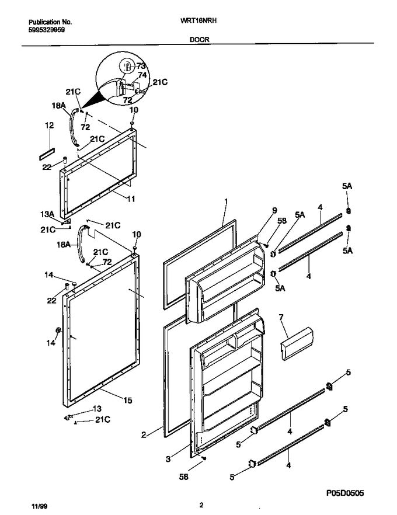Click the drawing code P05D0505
point(343,493)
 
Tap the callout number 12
point(49,125)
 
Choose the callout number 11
point(131,199)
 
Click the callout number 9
point(273,211)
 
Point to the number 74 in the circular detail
point(142,75)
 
